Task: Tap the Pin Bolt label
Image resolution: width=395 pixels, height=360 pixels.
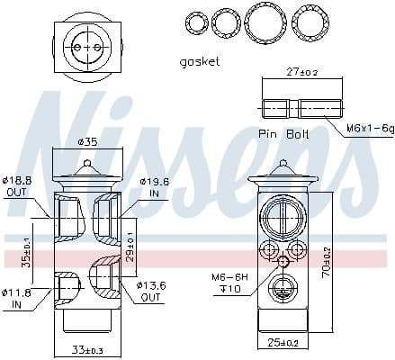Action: [282, 133]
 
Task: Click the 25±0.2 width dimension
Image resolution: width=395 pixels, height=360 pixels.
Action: [283, 343]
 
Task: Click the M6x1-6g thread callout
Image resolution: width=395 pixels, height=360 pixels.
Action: [370, 128]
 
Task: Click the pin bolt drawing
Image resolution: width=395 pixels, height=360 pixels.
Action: [301, 108]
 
